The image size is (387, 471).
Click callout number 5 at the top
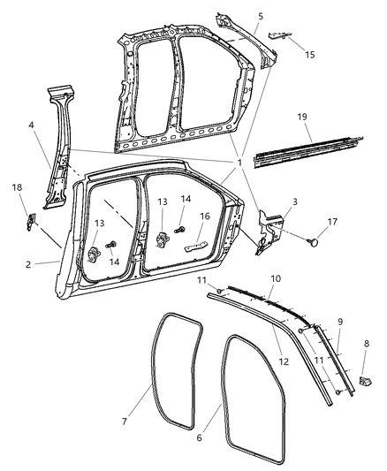click(x=260, y=16)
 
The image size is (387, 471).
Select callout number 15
click(x=308, y=56)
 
